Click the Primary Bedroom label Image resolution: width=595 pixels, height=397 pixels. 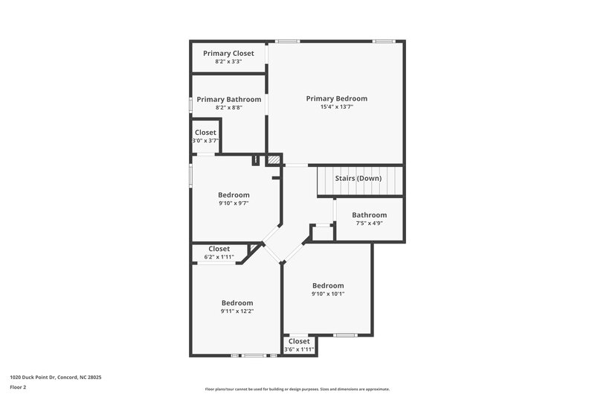(336, 98)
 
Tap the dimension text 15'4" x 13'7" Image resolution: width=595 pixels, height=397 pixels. (336, 107)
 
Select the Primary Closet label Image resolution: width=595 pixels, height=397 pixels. (228, 54)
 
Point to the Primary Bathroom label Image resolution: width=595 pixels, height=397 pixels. (228, 99)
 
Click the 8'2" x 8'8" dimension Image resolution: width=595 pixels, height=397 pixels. (228, 108)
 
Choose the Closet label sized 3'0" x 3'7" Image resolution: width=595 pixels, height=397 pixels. (205, 132)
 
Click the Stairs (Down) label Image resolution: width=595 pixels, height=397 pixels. (358, 178)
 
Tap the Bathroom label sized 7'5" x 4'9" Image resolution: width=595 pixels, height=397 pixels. (369, 215)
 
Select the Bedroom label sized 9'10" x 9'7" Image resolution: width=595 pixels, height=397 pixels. (233, 195)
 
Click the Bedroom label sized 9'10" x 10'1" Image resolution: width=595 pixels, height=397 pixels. (327, 285)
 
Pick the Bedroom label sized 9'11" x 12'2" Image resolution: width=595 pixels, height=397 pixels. (237, 302)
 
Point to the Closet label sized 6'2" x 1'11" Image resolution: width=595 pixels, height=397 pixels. (219, 249)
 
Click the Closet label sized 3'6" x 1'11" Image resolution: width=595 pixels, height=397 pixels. (299, 341)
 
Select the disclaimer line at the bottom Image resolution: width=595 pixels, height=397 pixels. (297, 389)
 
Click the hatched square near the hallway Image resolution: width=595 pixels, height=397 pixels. (274, 159)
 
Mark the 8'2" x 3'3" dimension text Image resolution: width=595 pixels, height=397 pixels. (228, 62)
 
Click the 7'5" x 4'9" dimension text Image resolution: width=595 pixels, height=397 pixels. (369, 223)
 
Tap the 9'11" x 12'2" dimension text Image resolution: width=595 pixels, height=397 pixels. (237, 311)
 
